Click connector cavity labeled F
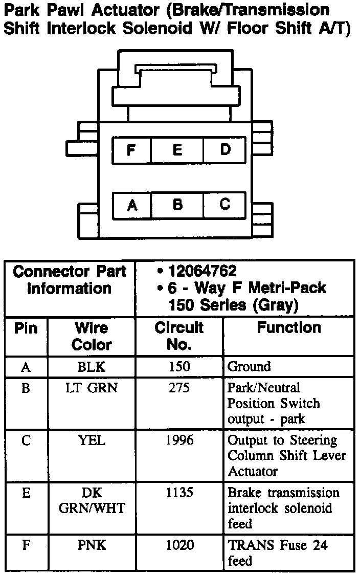(131, 150)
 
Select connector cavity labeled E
(177, 150)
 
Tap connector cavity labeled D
(225, 150)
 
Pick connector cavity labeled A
(132, 205)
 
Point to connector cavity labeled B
(177, 205)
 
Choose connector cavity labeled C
(225, 205)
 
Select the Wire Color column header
(92, 336)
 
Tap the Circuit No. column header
(179, 336)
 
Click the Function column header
(289, 328)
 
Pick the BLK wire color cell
(92, 366)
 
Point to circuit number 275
(179, 388)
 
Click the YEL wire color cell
(92, 440)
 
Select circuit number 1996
(179, 440)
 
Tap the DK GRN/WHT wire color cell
(92, 500)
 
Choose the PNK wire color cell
(92, 545)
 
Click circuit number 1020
(179, 545)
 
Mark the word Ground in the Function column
(249, 367)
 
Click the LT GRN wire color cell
(92, 388)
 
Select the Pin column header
(26, 328)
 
